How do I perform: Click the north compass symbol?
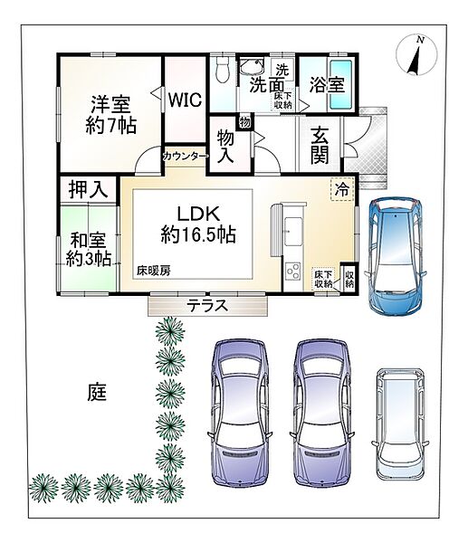click(x=416, y=54)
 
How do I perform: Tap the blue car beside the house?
click(x=396, y=256)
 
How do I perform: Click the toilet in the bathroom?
click(x=222, y=70)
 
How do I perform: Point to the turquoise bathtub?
click(x=341, y=84)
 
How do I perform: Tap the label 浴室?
click(x=327, y=84)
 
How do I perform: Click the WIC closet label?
click(x=185, y=100)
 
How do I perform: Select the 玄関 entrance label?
click(x=320, y=145)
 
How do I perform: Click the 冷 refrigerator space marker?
click(x=341, y=189)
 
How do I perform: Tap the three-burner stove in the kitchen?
click(x=292, y=271)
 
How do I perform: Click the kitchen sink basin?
click(x=294, y=232)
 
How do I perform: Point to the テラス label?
click(x=207, y=306)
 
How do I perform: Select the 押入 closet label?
click(x=88, y=189)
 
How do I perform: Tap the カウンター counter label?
click(x=186, y=157)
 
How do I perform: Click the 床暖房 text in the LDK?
click(x=154, y=271)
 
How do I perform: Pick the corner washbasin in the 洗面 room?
click(x=252, y=66)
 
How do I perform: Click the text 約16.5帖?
click(x=198, y=234)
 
